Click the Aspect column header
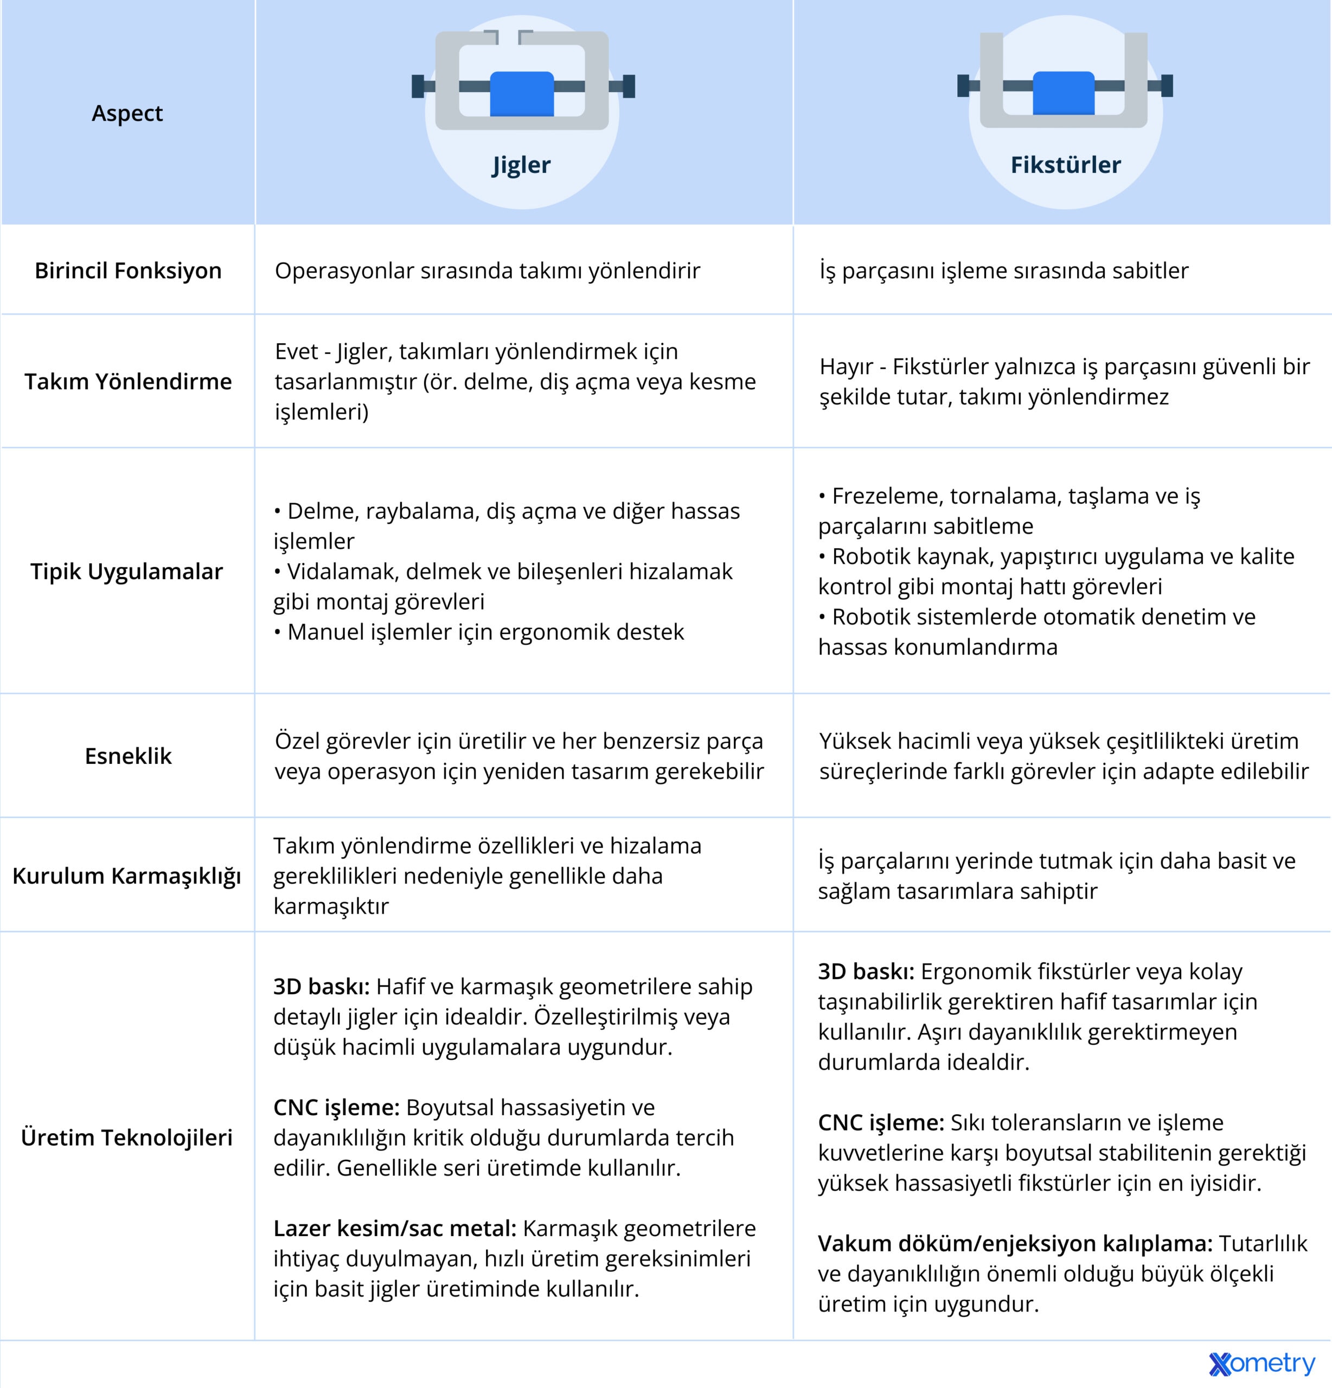pyautogui.click(x=127, y=113)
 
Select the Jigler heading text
pyautogui.click(x=521, y=165)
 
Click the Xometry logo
pyautogui.click(x=1261, y=1363)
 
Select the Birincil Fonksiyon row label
pyautogui.click(x=128, y=271)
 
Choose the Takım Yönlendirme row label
pyautogui.click(x=128, y=382)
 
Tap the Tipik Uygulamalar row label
pyautogui.click(x=127, y=571)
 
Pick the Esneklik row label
pyautogui.click(x=128, y=756)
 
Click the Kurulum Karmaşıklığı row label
pyautogui.click(x=127, y=876)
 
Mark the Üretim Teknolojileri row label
pyautogui.click(x=127, y=1138)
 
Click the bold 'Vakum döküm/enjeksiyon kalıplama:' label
pyautogui.click(x=1015, y=1244)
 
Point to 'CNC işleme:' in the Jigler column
pyautogui.click(x=337, y=1108)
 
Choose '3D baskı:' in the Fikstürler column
pyautogui.click(x=866, y=972)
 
